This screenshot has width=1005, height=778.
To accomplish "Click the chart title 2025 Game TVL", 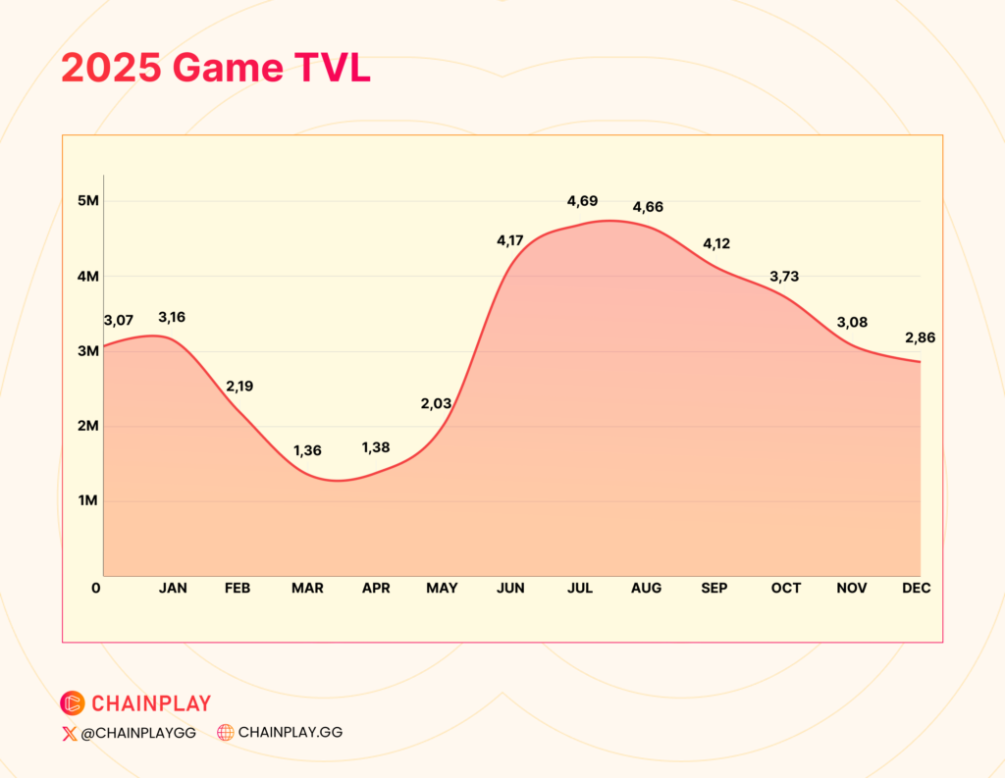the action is coord(216,68).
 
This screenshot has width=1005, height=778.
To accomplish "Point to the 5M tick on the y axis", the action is coord(88,200).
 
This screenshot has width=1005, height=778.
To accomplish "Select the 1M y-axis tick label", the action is coord(88,500).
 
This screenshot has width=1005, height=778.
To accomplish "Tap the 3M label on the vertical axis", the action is coord(88,351).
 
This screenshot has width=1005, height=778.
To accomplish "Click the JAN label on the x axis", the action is coord(173,589).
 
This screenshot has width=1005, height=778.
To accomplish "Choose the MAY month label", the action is coord(443,589).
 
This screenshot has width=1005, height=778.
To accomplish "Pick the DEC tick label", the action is coord(917,589).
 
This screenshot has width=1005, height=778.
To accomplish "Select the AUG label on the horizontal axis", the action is coord(646,589).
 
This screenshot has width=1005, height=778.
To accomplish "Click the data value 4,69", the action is coord(583,201).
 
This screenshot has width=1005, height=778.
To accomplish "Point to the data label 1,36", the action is coord(307,450).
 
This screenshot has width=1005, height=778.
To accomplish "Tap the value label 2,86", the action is coord(921,337).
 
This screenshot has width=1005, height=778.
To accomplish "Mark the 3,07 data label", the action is coord(119,321).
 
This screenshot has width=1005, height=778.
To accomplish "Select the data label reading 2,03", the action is coord(437,404).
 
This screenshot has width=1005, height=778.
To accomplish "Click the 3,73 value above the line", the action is coord(784,277).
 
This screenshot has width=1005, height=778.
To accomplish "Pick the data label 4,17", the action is coord(510,240).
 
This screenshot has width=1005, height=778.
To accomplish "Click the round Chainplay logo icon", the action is coord(73,703).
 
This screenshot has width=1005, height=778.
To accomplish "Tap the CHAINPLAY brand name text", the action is coord(151,703).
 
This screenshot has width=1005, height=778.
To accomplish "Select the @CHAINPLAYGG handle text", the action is coord(138,733).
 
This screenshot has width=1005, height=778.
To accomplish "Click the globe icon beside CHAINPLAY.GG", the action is coord(225,733).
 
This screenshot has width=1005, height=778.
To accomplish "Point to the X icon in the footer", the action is coord(70,734).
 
